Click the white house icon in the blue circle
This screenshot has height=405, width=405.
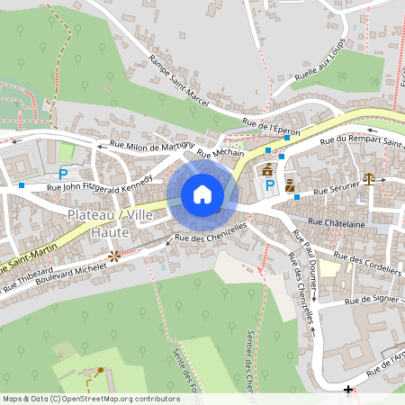point(202,194)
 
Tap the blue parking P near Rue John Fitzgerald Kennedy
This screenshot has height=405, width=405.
point(63,174)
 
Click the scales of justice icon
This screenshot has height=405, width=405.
point(369,178)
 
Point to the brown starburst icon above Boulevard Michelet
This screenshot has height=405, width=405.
point(113,256)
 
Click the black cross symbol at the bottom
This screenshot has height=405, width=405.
point(348,389)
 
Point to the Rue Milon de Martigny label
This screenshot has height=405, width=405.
point(149,147)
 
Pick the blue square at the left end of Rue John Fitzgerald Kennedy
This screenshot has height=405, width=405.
point(22,186)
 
